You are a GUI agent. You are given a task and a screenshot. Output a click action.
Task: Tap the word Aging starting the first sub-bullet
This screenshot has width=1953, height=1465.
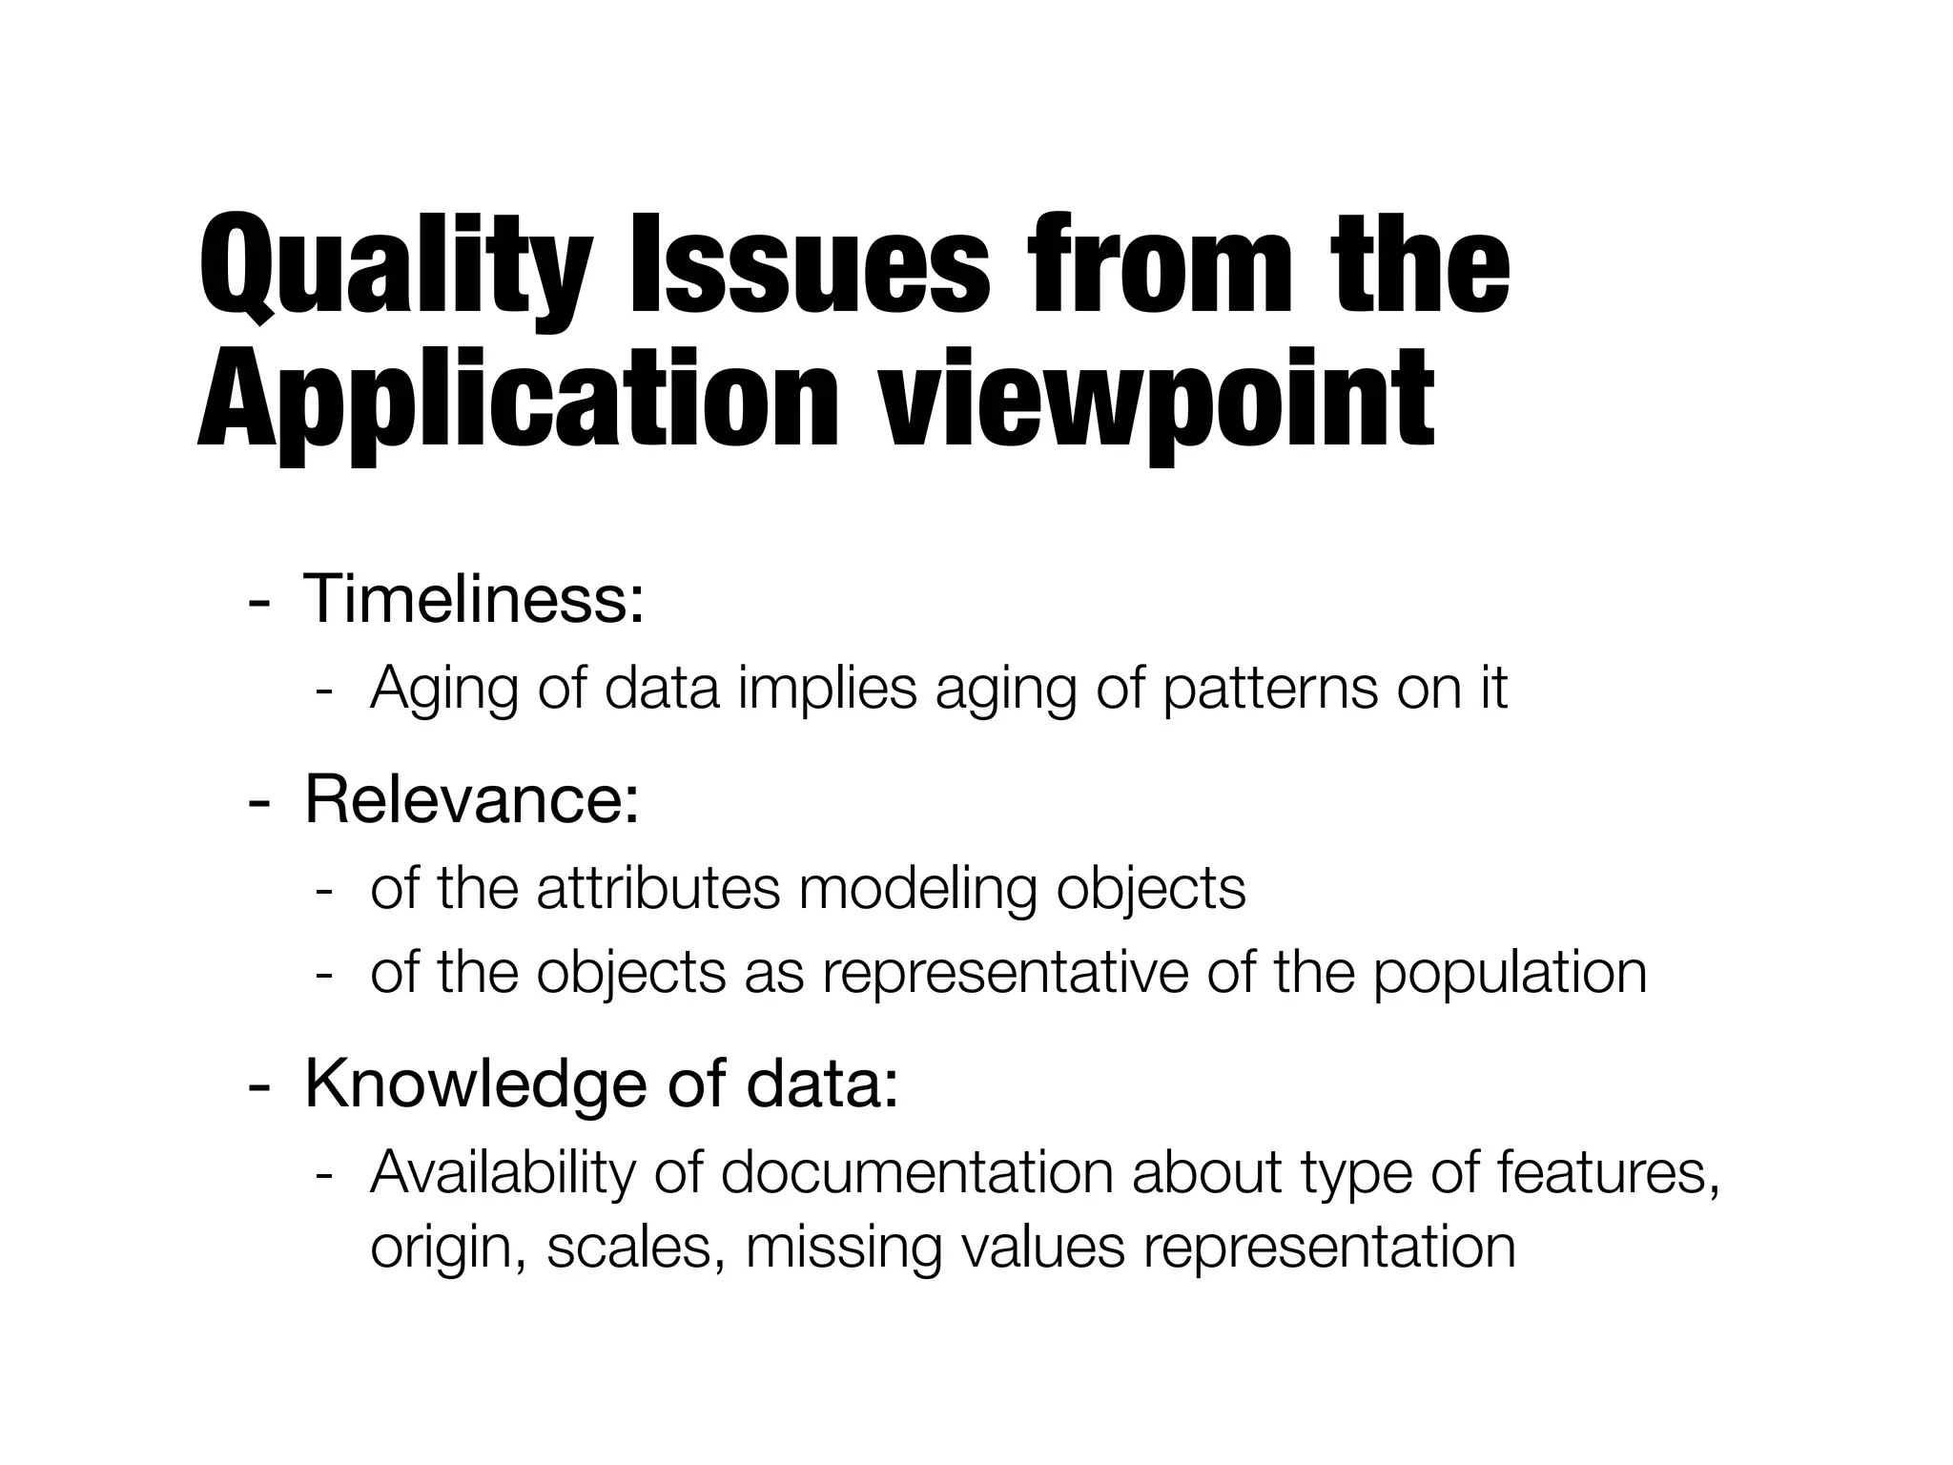click(x=442, y=689)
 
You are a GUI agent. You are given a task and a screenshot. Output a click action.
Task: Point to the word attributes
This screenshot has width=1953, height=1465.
click(x=659, y=889)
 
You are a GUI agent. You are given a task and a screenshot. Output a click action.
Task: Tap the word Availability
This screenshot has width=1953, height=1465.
click(x=502, y=1173)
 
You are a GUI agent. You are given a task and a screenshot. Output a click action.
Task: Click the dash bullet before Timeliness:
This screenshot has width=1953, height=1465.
click(x=257, y=604)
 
